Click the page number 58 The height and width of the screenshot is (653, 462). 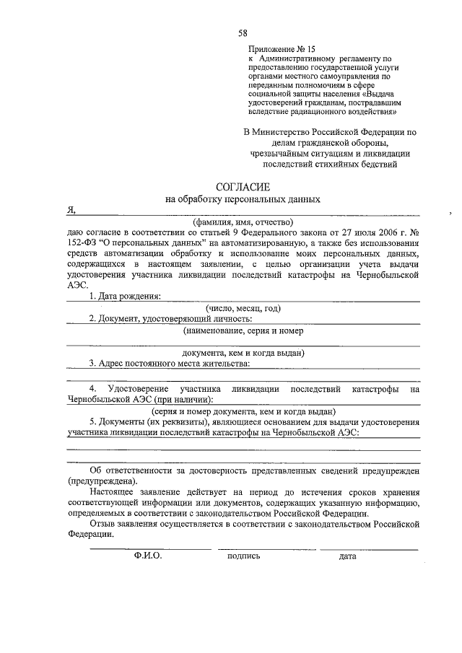pos(243,33)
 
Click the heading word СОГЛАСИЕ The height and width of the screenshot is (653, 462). pos(243,186)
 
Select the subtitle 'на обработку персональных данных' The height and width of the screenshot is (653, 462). pos(243,199)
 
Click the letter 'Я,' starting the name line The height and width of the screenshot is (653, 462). pos(71,211)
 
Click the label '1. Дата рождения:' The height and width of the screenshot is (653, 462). pos(126,297)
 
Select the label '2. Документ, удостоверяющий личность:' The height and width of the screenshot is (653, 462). pos(171,319)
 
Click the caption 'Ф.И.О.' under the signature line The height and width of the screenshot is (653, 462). pos(148,556)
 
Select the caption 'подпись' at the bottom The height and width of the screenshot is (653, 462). pos(243,556)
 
